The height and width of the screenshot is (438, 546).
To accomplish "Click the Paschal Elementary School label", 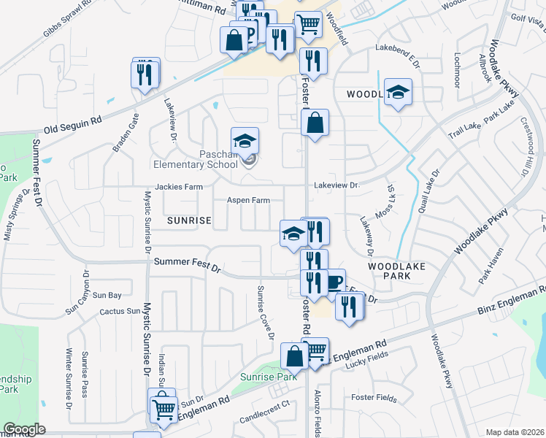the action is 219,159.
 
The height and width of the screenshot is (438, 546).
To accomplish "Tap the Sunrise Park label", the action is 269,377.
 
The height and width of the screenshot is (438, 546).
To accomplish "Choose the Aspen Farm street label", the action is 248,200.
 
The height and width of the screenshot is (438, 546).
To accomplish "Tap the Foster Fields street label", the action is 373,399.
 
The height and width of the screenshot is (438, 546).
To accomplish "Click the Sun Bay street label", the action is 107,295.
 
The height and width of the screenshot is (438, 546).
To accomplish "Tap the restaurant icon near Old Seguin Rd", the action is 144,73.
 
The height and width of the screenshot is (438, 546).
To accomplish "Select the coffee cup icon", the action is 334,283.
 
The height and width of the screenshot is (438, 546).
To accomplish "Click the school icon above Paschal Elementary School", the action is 245,140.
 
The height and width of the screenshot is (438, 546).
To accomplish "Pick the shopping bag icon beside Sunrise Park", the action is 295,357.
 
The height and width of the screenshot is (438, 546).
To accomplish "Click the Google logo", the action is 24,429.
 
